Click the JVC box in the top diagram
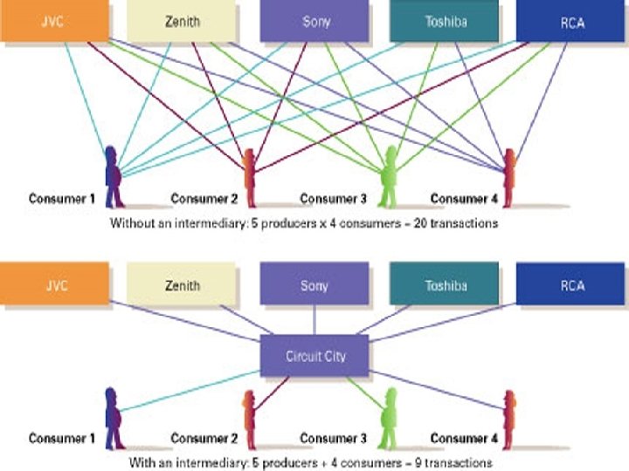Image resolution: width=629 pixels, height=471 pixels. [x=54, y=21]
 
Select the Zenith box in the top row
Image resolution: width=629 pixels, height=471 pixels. [x=183, y=21]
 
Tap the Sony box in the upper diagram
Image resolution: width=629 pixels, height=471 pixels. [x=314, y=21]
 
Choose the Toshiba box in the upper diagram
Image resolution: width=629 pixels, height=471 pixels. [x=446, y=21]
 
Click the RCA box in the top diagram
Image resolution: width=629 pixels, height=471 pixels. [x=572, y=21]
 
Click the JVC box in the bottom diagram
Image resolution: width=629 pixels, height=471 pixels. [x=54, y=285]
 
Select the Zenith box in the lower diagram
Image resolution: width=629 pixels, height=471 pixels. [x=183, y=285]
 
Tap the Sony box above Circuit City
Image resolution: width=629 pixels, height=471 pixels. [x=314, y=285]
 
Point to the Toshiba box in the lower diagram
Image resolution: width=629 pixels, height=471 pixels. [x=446, y=285]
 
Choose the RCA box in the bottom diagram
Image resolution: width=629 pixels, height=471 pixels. [x=572, y=285]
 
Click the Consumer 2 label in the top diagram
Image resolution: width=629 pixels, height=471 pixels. [x=204, y=199]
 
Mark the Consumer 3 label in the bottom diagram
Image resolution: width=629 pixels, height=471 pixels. [x=333, y=438]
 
